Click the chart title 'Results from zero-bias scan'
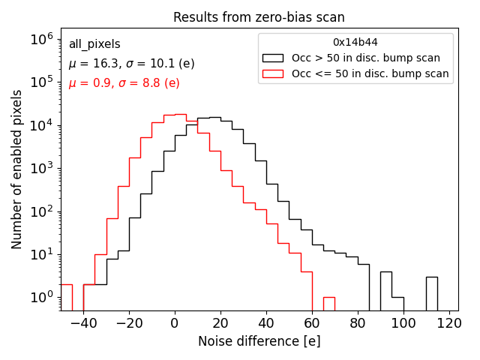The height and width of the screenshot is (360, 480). [259, 17]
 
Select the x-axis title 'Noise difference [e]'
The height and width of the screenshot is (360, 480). [259, 341]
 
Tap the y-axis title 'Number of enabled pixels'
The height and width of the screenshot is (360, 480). [17, 169]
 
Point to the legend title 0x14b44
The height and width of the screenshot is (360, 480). [355, 43]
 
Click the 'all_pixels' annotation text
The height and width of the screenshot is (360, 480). [94, 44]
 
